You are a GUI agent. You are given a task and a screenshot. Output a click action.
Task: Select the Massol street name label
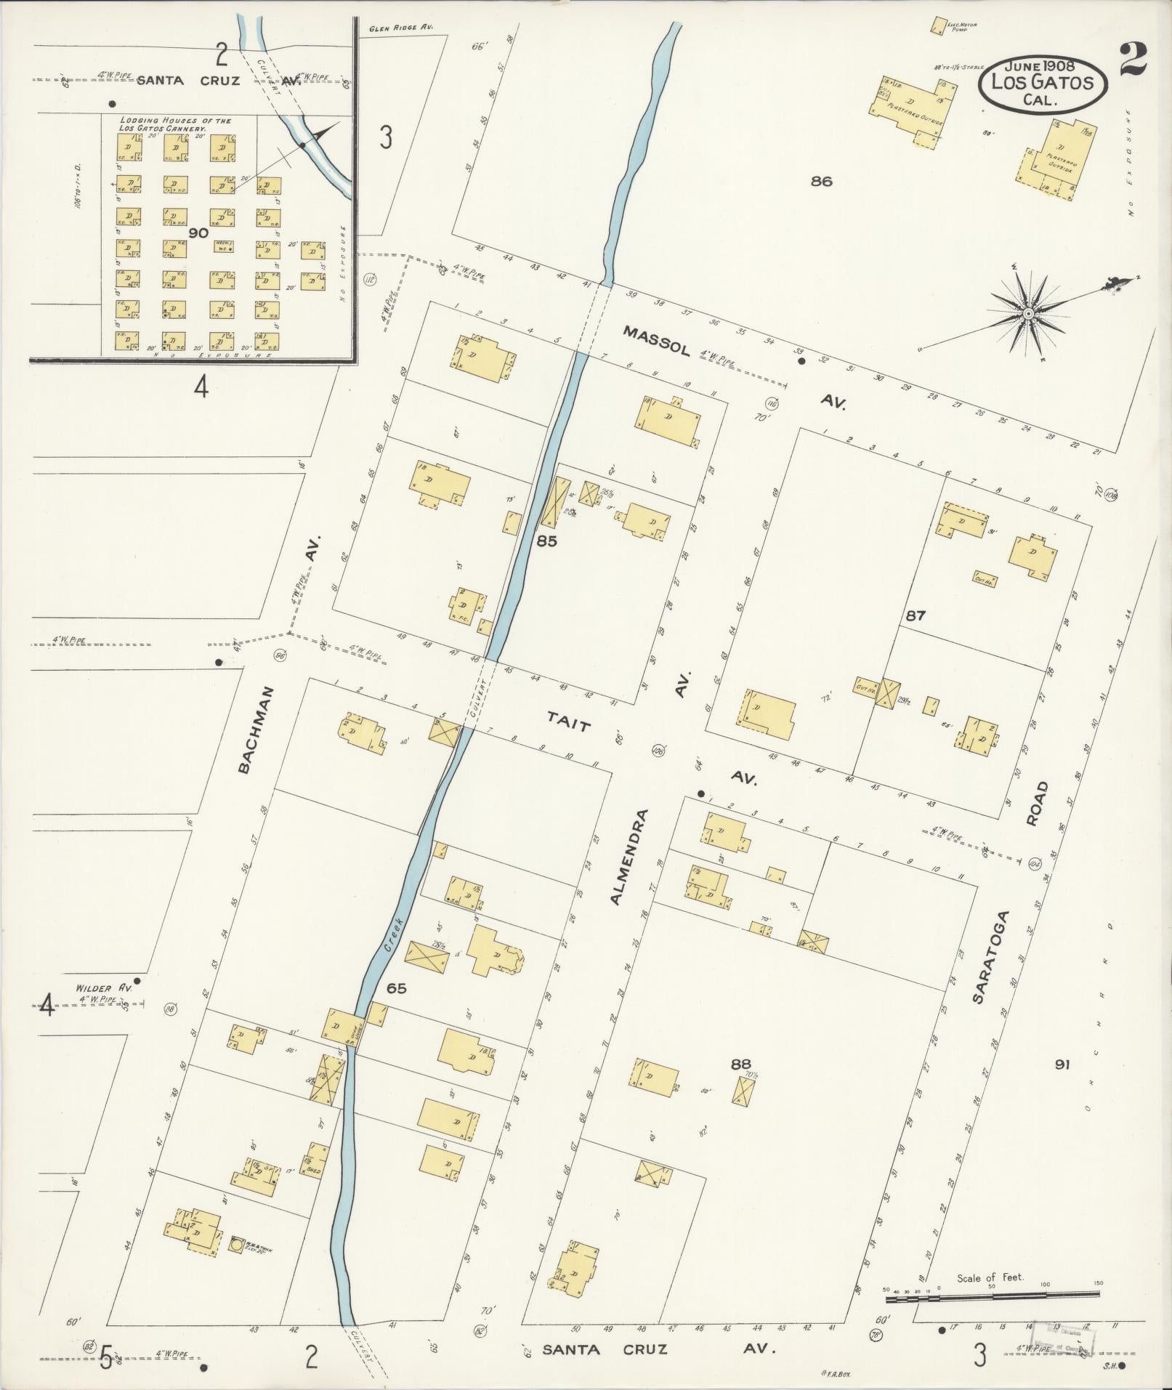(x=655, y=340)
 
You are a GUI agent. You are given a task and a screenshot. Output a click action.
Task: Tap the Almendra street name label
(x=628, y=857)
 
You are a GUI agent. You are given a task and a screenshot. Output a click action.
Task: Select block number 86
(x=822, y=182)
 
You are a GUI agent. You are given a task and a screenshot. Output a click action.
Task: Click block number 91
(x=1063, y=1064)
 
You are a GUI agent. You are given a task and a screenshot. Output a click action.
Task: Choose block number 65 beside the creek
(x=397, y=988)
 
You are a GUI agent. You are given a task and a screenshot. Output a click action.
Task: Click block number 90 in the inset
(x=198, y=233)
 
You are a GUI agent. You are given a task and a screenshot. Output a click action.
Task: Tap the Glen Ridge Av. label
(x=400, y=28)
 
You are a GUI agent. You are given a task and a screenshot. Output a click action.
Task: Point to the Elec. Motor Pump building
(x=938, y=26)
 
